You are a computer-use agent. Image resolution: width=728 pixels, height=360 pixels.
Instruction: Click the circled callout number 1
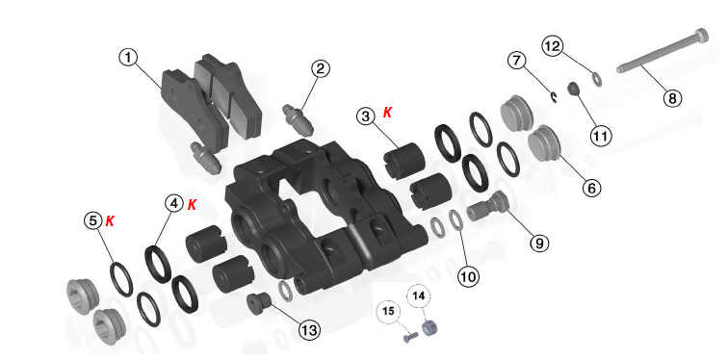click(x=129, y=59)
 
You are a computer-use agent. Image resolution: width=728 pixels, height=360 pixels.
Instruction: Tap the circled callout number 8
click(x=672, y=98)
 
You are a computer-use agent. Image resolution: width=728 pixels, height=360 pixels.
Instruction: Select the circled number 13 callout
click(x=309, y=330)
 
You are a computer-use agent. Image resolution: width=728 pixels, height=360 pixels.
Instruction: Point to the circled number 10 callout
click(x=468, y=277)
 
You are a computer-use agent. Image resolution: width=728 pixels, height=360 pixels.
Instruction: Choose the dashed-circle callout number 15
click(x=388, y=310)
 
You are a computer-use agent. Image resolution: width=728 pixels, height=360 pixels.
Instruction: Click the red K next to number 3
click(x=387, y=113)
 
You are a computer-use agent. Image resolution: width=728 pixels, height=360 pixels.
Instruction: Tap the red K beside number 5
click(x=110, y=220)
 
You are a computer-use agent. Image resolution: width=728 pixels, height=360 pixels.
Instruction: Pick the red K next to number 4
click(x=192, y=205)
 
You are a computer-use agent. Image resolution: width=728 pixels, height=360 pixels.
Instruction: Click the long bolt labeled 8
click(x=663, y=51)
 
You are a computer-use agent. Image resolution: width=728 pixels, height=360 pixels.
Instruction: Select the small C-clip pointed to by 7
click(x=554, y=96)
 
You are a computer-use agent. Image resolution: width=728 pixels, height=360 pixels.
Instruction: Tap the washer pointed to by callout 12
click(x=597, y=79)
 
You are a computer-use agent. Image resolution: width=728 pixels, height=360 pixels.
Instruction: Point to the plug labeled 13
click(x=259, y=303)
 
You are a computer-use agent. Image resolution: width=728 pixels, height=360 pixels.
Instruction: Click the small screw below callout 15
click(x=407, y=337)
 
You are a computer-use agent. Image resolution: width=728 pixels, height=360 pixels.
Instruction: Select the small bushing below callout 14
click(x=429, y=327)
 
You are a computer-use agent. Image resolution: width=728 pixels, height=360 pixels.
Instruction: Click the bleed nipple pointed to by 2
click(x=299, y=119)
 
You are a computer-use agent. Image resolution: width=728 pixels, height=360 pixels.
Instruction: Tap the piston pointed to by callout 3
click(x=404, y=161)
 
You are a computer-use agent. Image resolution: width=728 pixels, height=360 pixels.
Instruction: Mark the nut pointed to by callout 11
click(x=573, y=88)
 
